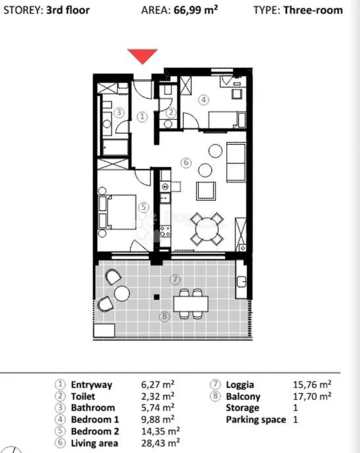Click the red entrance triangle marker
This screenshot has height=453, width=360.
tap(143, 55)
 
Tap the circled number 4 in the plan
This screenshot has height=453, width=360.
tap(203, 100)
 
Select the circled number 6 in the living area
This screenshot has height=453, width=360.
tap(186, 162)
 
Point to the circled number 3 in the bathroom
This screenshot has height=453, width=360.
tap(119, 112)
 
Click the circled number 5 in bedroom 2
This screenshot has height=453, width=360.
tap(143, 207)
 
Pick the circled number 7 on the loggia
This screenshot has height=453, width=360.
tap(175, 279)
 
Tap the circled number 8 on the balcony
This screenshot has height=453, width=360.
tap(165, 316)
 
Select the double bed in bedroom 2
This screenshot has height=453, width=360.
tap(117, 212)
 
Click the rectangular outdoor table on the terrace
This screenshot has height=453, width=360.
tap(191, 304)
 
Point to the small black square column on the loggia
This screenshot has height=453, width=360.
tap(157, 297)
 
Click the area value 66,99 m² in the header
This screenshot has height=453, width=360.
tap(195, 10)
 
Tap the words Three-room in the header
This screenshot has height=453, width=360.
tap(313, 10)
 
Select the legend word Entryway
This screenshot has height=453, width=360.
tap(91, 385)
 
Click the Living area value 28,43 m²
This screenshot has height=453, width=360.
tap(161, 442)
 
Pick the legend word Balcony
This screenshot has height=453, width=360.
tap(243, 396)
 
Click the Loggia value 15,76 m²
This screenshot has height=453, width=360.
tap(312, 385)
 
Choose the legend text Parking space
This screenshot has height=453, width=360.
tap(256, 419)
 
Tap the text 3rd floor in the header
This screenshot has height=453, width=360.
tap(68, 10)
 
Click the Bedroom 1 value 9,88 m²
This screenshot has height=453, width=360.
tap(158, 419)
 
